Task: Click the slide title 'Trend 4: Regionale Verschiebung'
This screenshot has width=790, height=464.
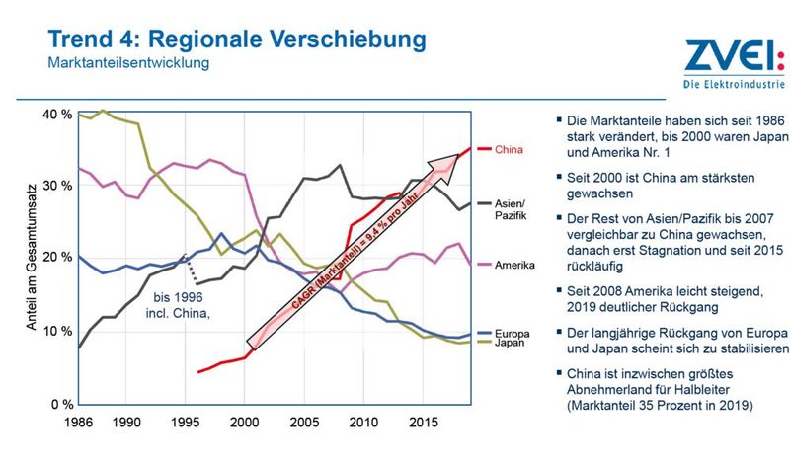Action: pos(237,40)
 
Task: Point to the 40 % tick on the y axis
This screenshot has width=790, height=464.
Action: pos(57,115)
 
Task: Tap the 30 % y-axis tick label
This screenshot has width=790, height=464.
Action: pos(57,187)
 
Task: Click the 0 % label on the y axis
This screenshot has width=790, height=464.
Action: pos(61,405)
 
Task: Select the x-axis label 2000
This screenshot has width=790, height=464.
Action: pos(243,421)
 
